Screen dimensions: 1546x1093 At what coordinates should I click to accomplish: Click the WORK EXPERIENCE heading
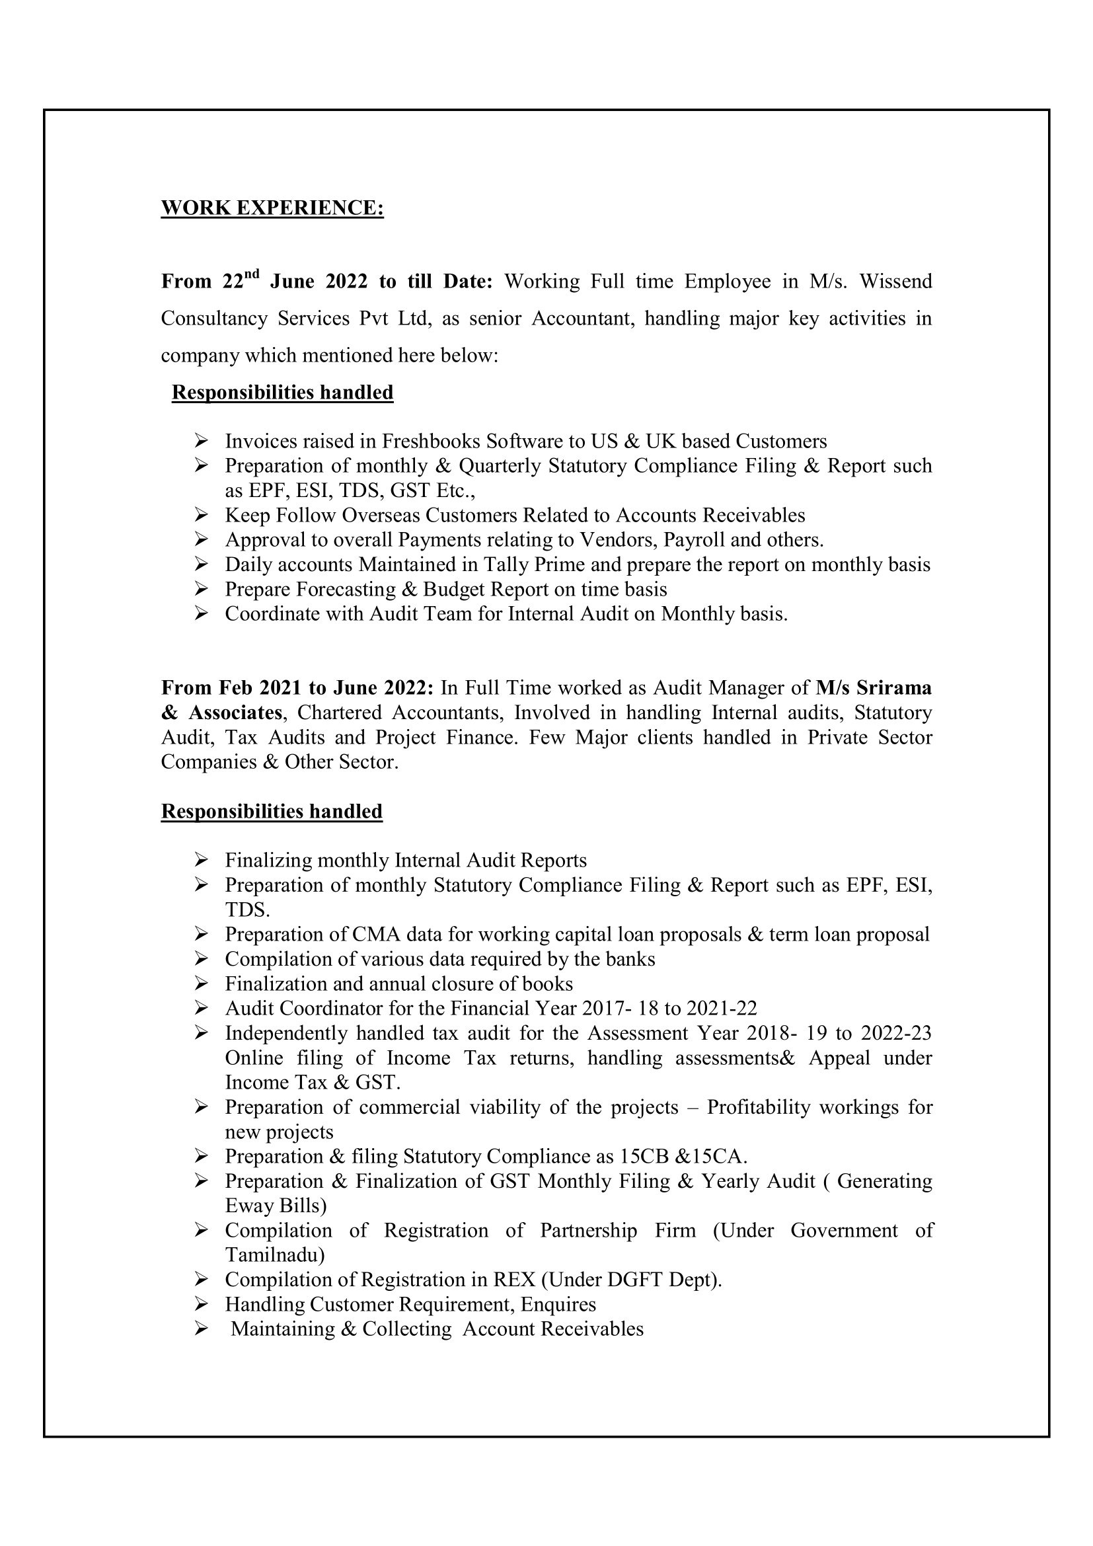pyautogui.click(x=272, y=208)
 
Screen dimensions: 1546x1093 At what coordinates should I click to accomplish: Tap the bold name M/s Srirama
pyautogui.click(x=874, y=687)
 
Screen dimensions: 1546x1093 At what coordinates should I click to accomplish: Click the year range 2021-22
pyautogui.click(x=722, y=1008)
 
